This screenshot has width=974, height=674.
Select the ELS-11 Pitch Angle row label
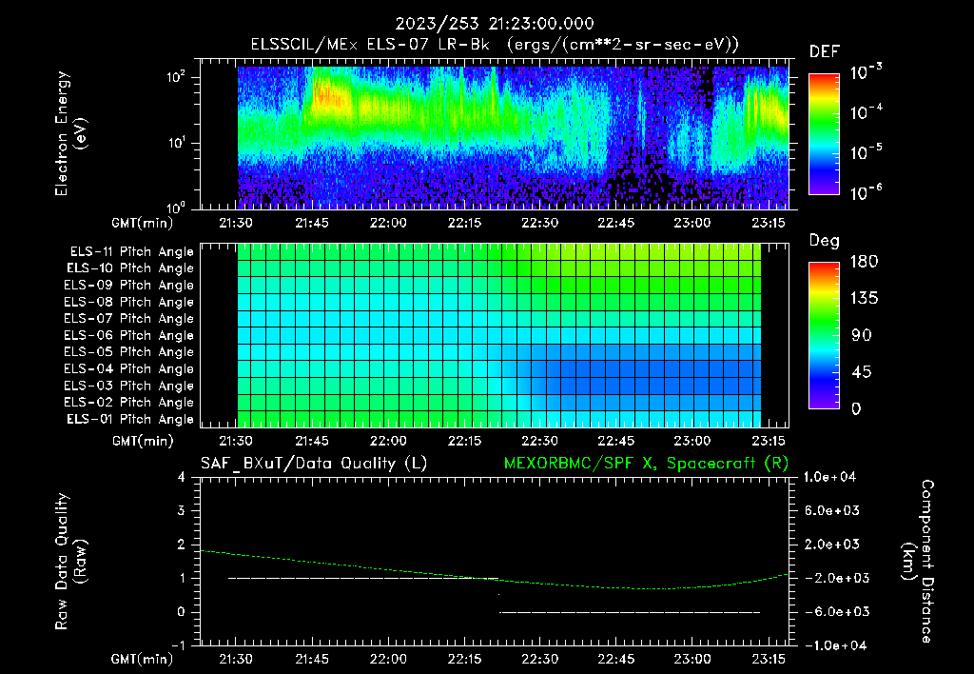coord(131,251)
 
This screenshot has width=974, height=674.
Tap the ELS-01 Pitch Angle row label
coord(131,419)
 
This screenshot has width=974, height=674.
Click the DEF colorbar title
coord(823,51)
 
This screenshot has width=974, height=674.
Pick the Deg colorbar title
coord(823,241)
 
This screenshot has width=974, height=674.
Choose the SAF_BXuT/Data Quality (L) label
coord(313,463)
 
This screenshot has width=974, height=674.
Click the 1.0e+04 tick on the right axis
coord(832,476)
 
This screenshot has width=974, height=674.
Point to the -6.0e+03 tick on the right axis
coord(832,611)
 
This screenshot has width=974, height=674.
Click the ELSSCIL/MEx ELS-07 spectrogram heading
coord(495,44)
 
